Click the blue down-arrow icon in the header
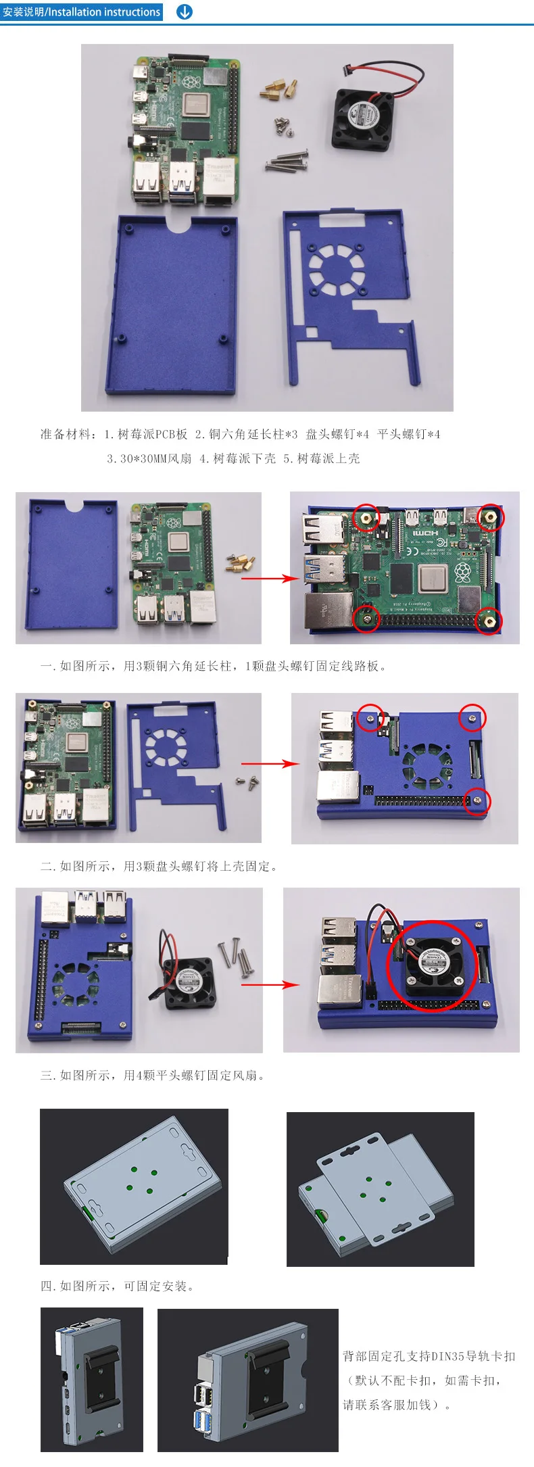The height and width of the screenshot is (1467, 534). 184,12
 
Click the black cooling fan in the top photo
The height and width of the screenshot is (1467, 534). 363,122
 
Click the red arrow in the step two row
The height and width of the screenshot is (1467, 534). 270,764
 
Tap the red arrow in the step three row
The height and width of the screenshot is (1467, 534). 270,984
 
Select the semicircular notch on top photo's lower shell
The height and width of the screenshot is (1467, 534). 179,224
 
